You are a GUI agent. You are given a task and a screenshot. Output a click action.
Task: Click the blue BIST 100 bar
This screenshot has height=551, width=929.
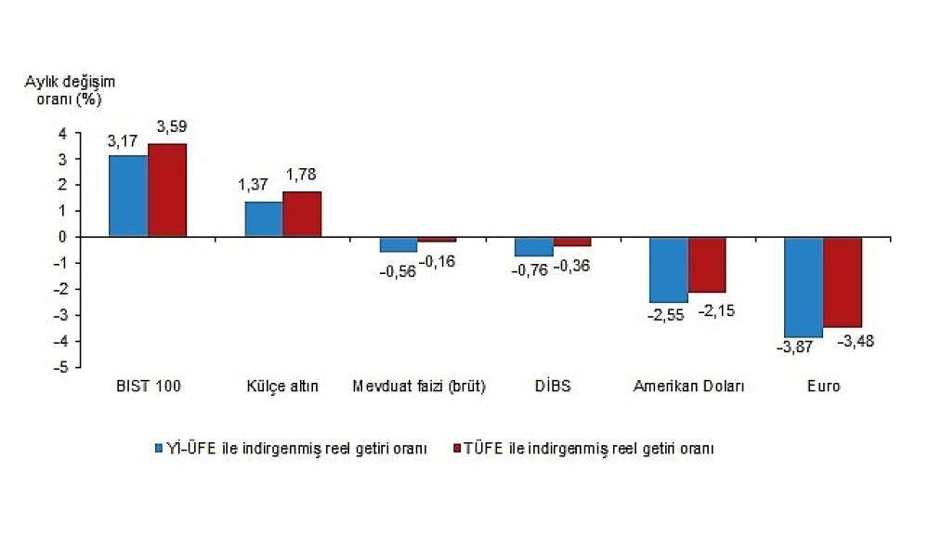click(128, 196)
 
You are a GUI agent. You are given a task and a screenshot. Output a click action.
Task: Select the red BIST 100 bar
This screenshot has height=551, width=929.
click(167, 190)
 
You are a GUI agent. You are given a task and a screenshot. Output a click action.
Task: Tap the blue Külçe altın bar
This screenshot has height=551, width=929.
click(264, 219)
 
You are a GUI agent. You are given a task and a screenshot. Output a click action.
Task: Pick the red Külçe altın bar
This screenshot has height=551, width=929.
click(302, 214)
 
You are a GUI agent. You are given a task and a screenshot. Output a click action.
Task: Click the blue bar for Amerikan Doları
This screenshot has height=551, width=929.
click(669, 270)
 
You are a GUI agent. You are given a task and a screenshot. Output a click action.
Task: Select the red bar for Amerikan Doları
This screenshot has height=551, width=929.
click(707, 265)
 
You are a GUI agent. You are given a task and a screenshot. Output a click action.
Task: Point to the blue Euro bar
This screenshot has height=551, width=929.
click(804, 287)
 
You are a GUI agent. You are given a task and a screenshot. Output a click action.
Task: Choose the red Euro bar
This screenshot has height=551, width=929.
click(843, 282)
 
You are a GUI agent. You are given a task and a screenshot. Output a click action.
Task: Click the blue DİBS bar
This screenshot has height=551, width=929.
click(534, 247)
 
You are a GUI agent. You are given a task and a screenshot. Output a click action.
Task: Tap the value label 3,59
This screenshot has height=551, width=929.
click(172, 126)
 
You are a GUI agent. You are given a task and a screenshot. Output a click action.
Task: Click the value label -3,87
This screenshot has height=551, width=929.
click(794, 348)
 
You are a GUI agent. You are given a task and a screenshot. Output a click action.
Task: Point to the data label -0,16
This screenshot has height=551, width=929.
click(438, 261)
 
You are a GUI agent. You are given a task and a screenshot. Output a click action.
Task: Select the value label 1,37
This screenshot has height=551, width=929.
click(253, 184)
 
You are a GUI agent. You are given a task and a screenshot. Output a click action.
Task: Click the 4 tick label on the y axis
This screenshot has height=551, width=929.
click(63, 133)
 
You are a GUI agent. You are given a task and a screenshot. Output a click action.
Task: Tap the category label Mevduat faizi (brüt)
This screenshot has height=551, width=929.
click(419, 387)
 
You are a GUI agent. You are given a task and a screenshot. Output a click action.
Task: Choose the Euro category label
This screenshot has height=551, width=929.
click(823, 387)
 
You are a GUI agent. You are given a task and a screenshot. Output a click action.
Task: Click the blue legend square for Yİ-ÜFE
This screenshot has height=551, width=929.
click(159, 448)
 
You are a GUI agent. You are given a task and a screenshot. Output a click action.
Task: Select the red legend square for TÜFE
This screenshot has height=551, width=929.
click(456, 448)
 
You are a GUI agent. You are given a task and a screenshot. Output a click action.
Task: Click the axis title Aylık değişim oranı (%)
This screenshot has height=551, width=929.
click(70, 90)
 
